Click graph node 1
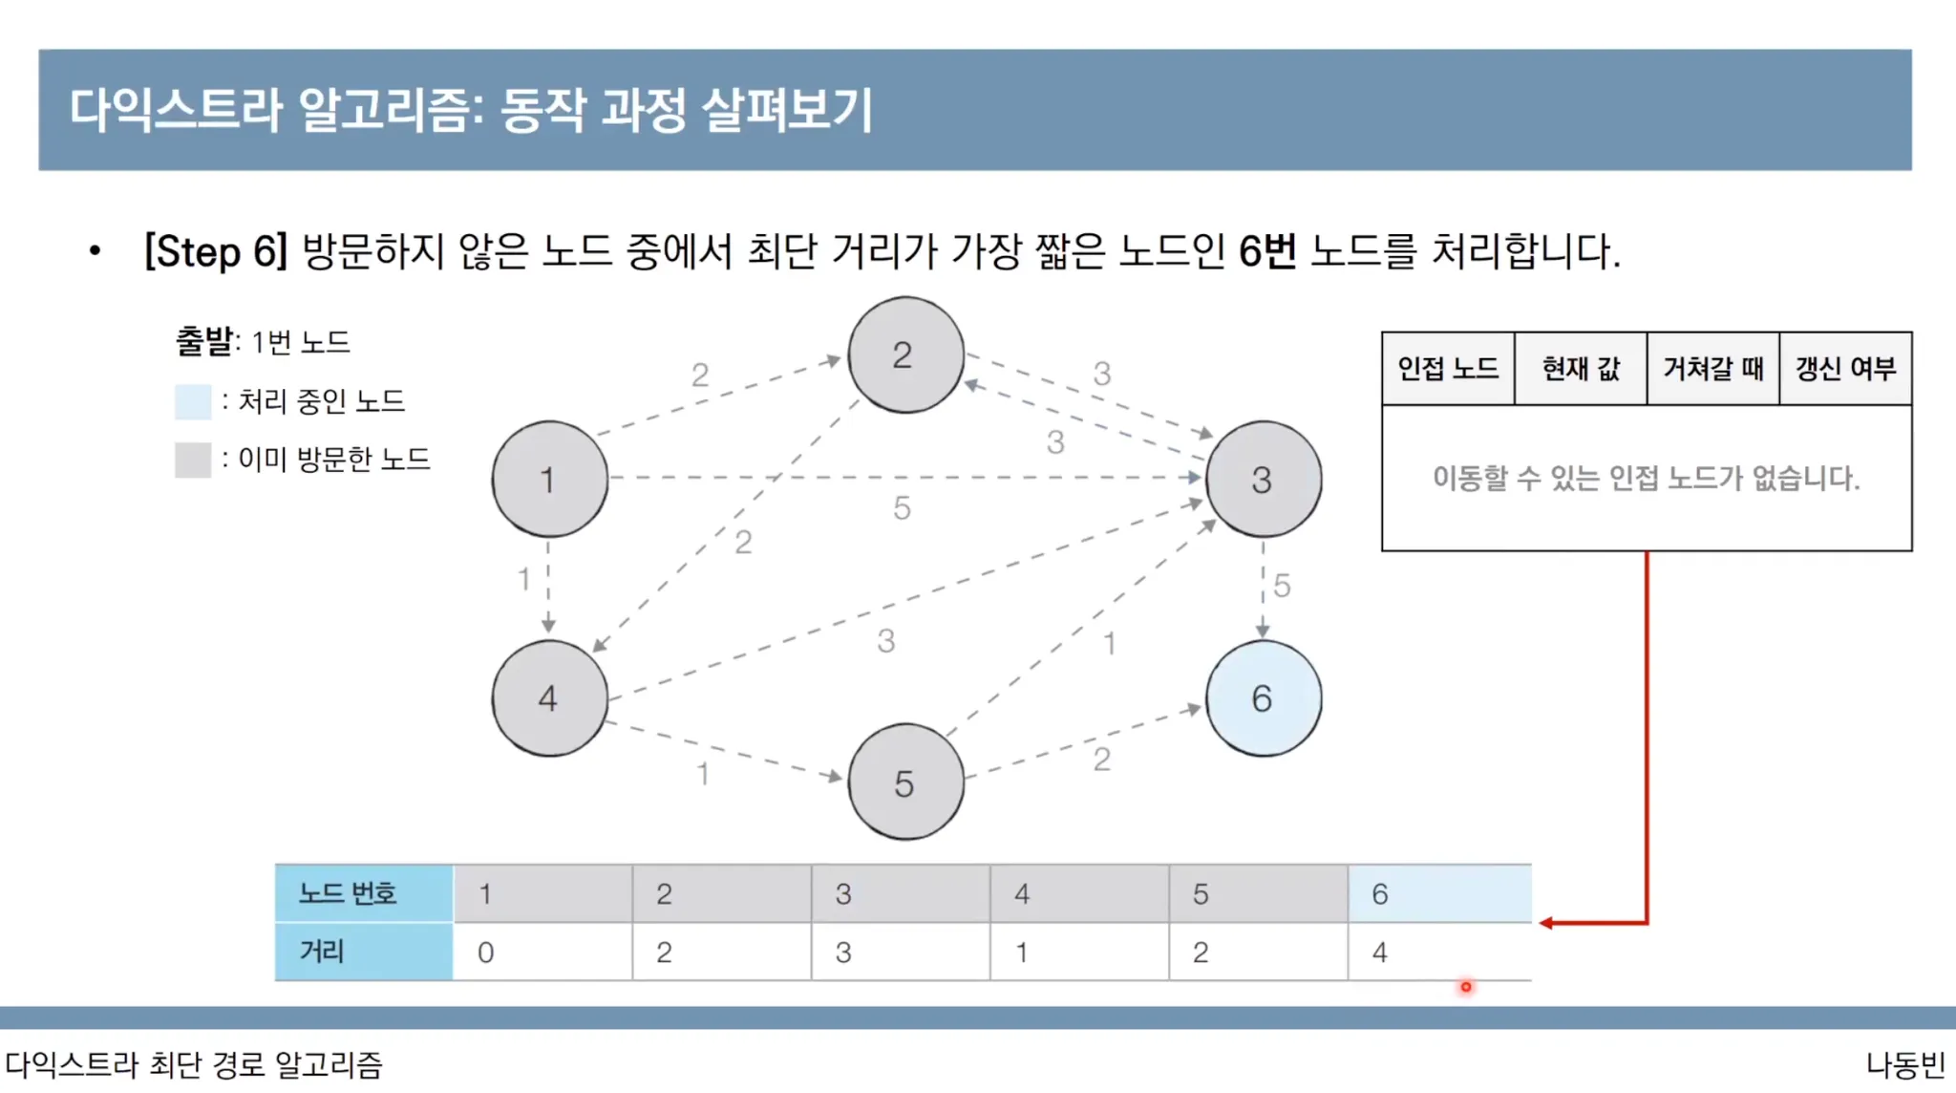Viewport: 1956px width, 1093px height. click(549, 479)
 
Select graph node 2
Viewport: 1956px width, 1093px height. click(905, 355)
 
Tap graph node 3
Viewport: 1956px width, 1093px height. click(1263, 479)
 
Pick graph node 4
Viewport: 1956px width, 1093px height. click(549, 698)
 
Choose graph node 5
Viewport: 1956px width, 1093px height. click(905, 782)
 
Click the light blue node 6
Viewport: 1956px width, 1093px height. click(1263, 698)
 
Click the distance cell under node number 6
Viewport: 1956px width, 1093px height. click(1438, 952)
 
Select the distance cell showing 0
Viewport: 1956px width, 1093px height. click(542, 952)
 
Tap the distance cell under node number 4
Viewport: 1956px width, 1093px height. click(1079, 952)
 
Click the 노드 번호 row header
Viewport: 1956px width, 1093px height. click(363, 893)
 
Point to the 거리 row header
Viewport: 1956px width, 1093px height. click(363, 952)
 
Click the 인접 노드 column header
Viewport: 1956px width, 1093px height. click(1448, 369)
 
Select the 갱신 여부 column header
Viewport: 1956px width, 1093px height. click(1845, 369)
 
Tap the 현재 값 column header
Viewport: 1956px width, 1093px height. click(1581, 369)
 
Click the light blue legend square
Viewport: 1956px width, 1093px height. click(193, 401)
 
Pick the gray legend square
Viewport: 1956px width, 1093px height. click(193, 460)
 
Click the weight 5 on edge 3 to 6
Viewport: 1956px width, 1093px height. click(1282, 585)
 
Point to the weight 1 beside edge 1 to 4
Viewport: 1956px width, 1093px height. click(523, 579)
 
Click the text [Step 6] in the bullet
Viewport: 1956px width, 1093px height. click(215, 252)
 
